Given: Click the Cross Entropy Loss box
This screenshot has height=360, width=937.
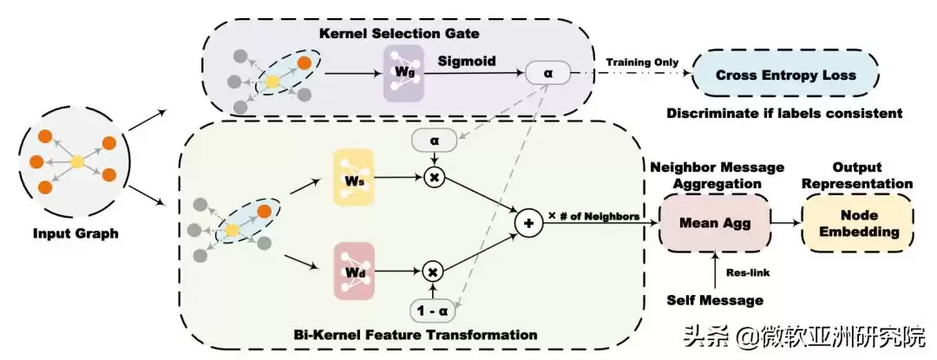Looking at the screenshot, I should [785, 75].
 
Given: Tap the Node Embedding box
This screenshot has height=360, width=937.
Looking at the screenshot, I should [857, 222].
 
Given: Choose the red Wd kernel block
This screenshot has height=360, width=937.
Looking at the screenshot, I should [352, 271].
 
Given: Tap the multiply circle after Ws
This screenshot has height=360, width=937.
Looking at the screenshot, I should [433, 177].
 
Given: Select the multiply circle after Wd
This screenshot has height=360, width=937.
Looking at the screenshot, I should [433, 272].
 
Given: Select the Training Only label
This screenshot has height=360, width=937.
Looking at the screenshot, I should [641, 62].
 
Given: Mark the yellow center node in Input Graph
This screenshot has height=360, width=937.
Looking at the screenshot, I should [77, 161].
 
